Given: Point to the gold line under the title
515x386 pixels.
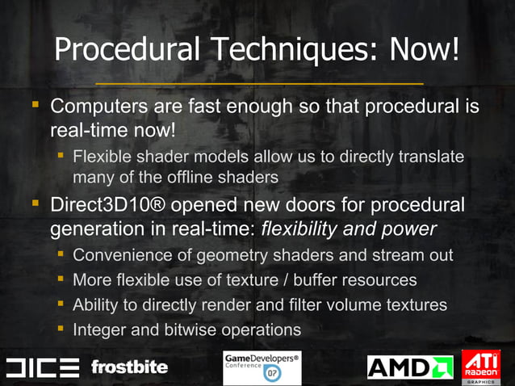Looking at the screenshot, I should tap(258, 82).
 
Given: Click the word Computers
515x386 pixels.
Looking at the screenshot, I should tap(103, 107).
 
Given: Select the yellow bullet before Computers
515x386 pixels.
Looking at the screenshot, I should tap(34, 106).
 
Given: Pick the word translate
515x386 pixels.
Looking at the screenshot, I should tap(433, 156).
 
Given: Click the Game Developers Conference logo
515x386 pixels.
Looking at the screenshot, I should tap(261, 367).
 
